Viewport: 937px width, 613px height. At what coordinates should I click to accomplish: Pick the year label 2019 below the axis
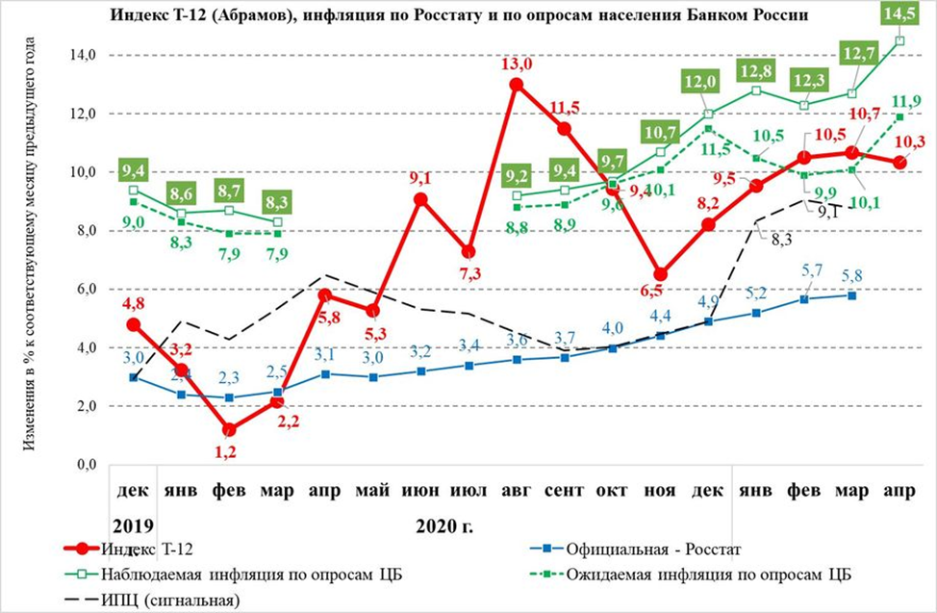pos(134,526)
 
